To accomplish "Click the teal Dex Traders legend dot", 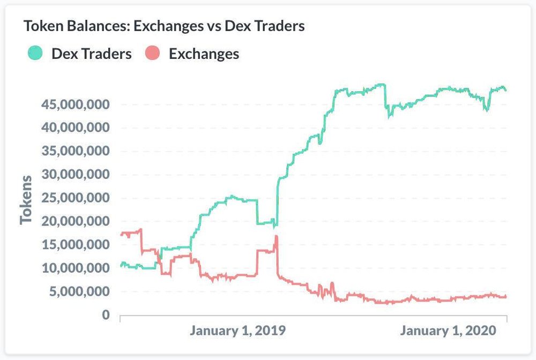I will [35, 54].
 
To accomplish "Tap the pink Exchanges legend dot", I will [153, 54].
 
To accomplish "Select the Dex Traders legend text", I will [91, 54].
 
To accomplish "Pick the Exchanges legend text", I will [204, 54].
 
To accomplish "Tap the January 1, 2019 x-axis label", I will [237, 331].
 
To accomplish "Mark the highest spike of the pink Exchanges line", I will [276, 236].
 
